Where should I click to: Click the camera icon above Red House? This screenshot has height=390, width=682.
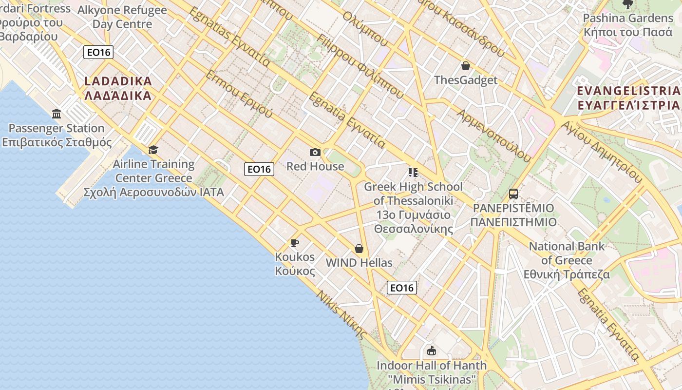click(x=315, y=153)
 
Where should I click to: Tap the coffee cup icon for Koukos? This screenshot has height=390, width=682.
click(x=294, y=243)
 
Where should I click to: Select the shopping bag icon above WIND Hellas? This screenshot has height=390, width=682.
click(x=359, y=249)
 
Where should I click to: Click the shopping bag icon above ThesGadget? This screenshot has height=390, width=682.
click(x=466, y=66)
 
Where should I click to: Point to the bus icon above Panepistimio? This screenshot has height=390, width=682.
click(x=513, y=194)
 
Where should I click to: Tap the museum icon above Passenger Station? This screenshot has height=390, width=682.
click(x=57, y=114)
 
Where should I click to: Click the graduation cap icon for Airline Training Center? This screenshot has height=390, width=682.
click(x=153, y=150)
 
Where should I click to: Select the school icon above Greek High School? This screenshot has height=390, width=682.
click(x=413, y=173)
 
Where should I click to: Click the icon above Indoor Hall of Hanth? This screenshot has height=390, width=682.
click(x=432, y=351)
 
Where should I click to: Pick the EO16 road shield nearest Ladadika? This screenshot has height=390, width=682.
click(x=98, y=52)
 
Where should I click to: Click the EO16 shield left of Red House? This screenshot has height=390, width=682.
click(x=259, y=169)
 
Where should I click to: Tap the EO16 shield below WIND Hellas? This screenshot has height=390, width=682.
click(x=402, y=288)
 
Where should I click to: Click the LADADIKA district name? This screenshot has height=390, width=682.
click(x=118, y=88)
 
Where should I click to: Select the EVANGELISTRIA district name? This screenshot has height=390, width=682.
click(x=628, y=98)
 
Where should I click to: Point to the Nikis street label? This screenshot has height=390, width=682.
click(x=341, y=314)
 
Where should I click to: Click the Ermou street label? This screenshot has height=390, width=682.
click(x=239, y=94)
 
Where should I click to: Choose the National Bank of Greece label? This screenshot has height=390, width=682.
click(x=567, y=260)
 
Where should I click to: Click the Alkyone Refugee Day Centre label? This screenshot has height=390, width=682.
click(x=122, y=17)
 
